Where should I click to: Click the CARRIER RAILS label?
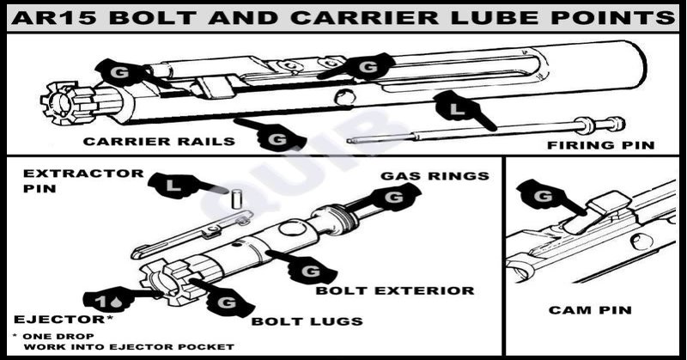point(159,142)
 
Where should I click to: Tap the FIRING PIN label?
point(600,145)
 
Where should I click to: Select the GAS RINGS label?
point(435,176)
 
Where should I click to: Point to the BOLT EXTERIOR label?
point(395,290)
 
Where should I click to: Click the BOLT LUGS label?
point(307,321)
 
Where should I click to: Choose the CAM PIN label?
point(590,310)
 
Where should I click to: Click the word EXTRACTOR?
point(83,174)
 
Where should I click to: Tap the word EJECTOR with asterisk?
point(64,320)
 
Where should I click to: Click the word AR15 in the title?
point(54,18)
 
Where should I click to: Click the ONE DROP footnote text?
point(58,336)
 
